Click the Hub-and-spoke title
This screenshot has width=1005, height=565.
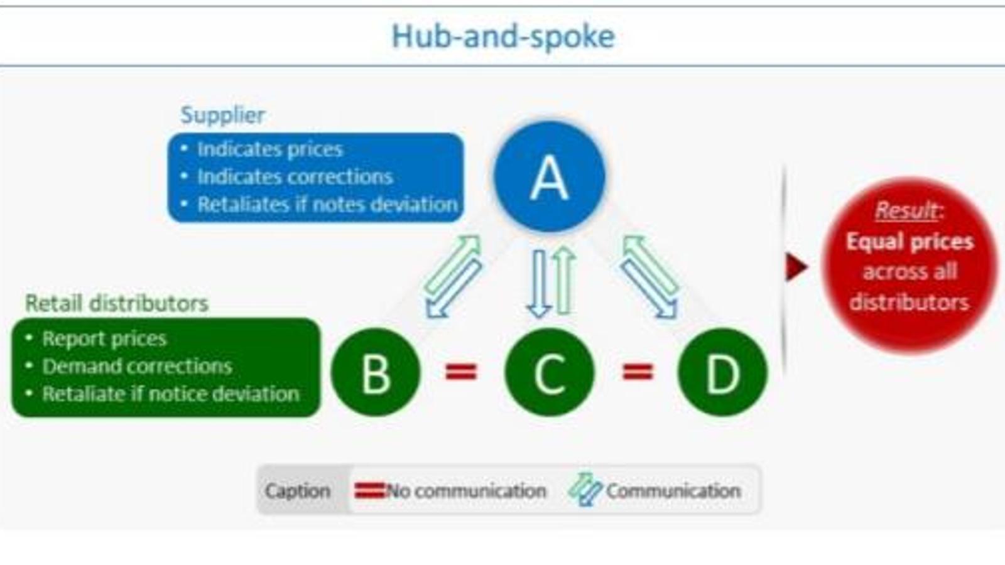(x=503, y=36)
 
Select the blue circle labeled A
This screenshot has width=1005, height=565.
(x=550, y=178)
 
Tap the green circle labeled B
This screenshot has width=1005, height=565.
(x=376, y=373)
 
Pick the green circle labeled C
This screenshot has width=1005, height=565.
(x=550, y=373)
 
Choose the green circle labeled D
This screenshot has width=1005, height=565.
(x=722, y=373)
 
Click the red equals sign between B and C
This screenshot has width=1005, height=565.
(x=461, y=372)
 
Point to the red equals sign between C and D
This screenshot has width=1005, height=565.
(x=637, y=372)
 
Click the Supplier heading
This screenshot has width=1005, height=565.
(x=222, y=115)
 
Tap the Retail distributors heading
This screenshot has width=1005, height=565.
(x=117, y=303)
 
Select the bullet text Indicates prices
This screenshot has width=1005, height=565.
(x=270, y=149)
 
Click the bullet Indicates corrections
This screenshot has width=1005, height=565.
(x=295, y=177)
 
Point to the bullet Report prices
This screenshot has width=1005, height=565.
(x=104, y=339)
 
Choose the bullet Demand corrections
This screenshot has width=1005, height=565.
(x=137, y=367)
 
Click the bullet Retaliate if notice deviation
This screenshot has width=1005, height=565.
(x=171, y=394)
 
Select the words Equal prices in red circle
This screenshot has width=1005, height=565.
(x=910, y=242)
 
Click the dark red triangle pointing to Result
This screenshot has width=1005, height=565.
(x=796, y=267)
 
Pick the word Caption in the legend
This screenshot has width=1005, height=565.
(x=298, y=491)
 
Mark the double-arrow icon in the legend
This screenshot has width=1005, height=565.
(x=585, y=490)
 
